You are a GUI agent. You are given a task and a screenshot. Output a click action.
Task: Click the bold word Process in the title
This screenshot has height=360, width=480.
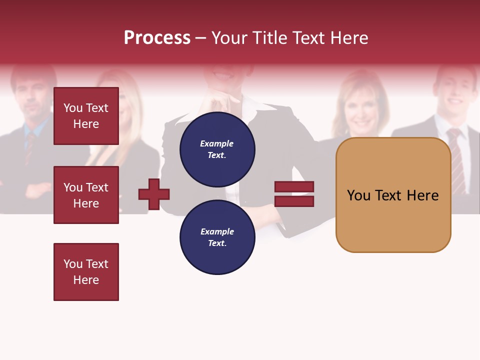tap(157, 38)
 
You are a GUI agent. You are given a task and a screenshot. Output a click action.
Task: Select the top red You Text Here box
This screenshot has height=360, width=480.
tap(86, 116)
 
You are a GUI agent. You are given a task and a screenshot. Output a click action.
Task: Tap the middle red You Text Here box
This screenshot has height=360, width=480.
tap(86, 195)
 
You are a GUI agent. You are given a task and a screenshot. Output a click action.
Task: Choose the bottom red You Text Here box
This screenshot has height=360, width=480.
tap(86, 272)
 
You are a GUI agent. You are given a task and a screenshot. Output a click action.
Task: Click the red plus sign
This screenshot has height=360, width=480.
tap(154, 193)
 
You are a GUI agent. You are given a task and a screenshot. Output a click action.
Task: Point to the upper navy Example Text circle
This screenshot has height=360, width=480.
tap(217, 149)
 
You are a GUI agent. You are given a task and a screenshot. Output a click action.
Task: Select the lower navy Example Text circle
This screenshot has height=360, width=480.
tap(217, 237)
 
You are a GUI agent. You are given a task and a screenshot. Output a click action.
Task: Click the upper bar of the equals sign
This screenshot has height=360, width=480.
tap(294, 186)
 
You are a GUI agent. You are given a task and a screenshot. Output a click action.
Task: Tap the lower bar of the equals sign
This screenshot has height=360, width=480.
tap(294, 201)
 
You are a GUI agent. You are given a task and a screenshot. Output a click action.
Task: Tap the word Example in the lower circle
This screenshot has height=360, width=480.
tap(217, 231)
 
